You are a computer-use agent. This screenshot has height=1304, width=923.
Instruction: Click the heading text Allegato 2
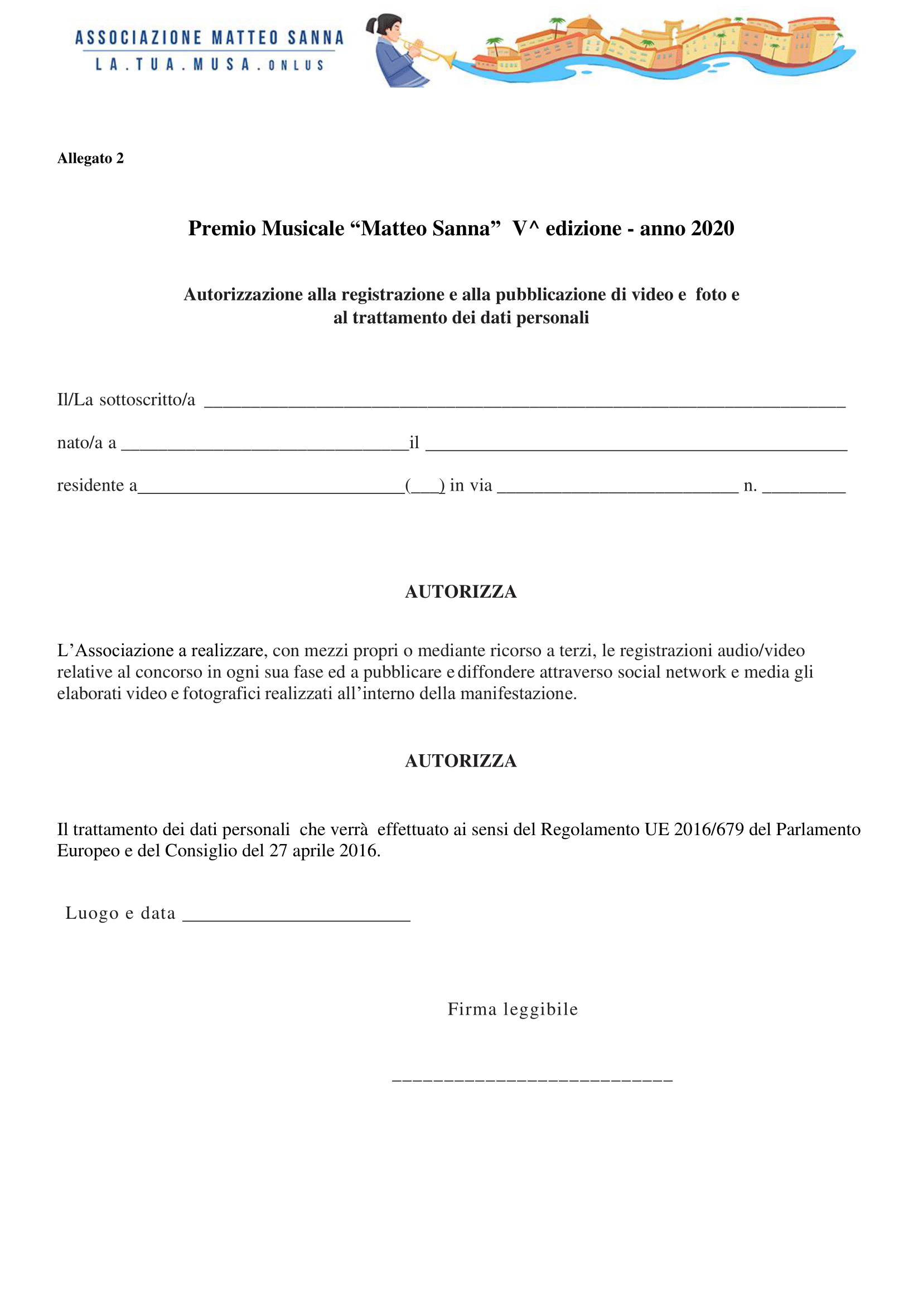[x=90, y=158]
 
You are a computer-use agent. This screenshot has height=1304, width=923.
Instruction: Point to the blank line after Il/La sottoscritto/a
[x=524, y=404]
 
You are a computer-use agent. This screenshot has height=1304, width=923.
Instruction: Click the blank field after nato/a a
[x=265, y=446]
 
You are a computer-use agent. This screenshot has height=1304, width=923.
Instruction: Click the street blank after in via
[x=617, y=488]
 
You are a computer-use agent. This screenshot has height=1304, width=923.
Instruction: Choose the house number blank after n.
[x=803, y=488]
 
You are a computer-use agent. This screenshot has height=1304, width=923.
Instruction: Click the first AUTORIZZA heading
[x=460, y=592]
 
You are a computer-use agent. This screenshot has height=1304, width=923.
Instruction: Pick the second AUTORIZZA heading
[x=460, y=761]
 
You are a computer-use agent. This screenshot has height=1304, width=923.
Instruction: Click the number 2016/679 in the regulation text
[x=709, y=830]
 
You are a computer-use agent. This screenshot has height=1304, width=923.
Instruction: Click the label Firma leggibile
[x=513, y=1009]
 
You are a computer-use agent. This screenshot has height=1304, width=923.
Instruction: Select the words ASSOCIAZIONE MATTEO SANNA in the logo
[x=209, y=38]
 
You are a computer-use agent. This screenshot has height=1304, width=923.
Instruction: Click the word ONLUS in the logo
[x=296, y=65]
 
